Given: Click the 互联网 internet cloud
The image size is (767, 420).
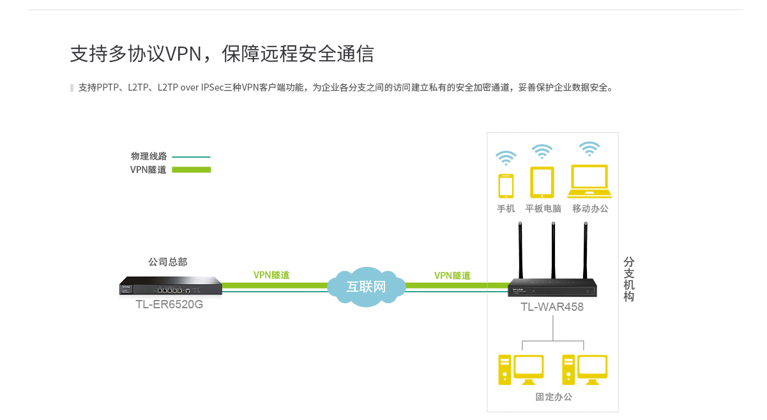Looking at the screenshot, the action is [x=367, y=287].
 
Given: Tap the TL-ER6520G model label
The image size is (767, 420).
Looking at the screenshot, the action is [x=169, y=304].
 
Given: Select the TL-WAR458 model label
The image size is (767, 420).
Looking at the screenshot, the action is [x=552, y=306].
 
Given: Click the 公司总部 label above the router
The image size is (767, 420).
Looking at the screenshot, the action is [x=168, y=262].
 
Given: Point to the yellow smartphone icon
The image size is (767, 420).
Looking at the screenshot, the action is [x=506, y=186].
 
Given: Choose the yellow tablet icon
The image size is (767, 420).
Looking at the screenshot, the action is [x=542, y=182].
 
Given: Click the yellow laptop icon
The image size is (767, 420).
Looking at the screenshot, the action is [x=589, y=181].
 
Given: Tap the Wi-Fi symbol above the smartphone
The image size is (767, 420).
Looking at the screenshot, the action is [x=506, y=158].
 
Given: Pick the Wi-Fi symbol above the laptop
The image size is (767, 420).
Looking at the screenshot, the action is [x=589, y=149].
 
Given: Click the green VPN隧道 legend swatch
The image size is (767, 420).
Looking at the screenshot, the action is [x=192, y=170].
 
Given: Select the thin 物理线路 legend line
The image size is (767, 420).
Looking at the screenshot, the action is [x=191, y=157].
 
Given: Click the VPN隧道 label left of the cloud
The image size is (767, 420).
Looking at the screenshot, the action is [x=271, y=275].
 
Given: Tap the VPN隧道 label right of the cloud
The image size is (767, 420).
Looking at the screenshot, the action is [x=452, y=276].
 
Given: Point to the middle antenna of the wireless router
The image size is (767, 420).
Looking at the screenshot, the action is [x=553, y=250].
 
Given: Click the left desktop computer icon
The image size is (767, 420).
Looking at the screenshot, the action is [x=521, y=370].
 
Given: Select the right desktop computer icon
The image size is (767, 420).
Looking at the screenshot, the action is [x=585, y=370].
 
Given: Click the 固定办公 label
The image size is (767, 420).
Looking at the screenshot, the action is [x=554, y=397].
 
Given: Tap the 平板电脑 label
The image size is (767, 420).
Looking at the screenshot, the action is [x=543, y=209].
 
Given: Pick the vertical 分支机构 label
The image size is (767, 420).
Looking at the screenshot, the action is [x=629, y=280].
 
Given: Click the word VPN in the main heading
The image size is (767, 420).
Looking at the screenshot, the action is [x=183, y=54].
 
